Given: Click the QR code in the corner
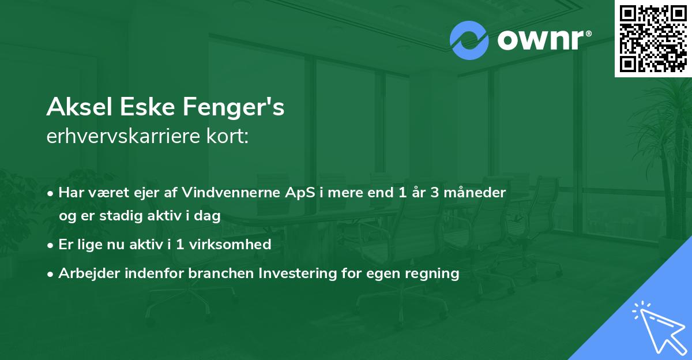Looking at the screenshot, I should (653, 38).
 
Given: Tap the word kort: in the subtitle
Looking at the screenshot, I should (229, 137).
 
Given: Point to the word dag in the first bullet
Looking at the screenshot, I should (209, 216).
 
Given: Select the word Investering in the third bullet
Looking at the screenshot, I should (296, 273).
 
